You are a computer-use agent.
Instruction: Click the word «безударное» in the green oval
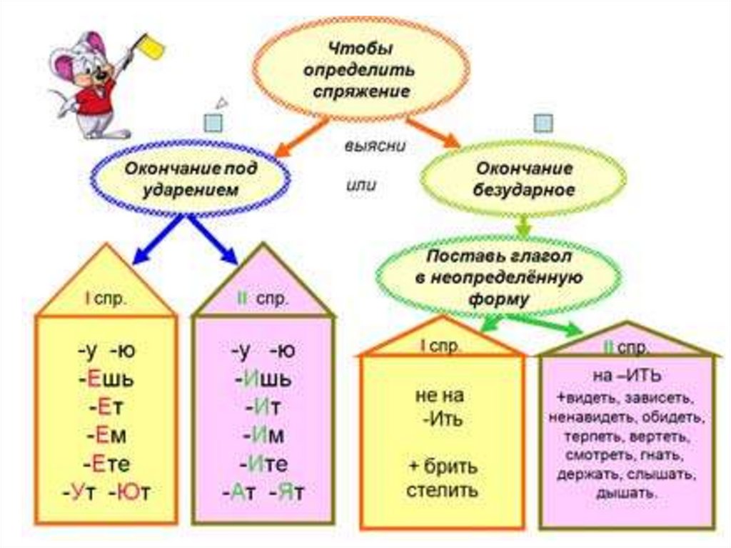pos(525,191)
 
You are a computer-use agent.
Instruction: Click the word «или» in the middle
pos(361,184)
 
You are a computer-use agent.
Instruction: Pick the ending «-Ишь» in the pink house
pos(262,379)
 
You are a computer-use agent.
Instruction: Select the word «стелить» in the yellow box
pos(443,491)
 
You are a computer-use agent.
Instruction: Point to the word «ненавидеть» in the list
pos(583,416)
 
